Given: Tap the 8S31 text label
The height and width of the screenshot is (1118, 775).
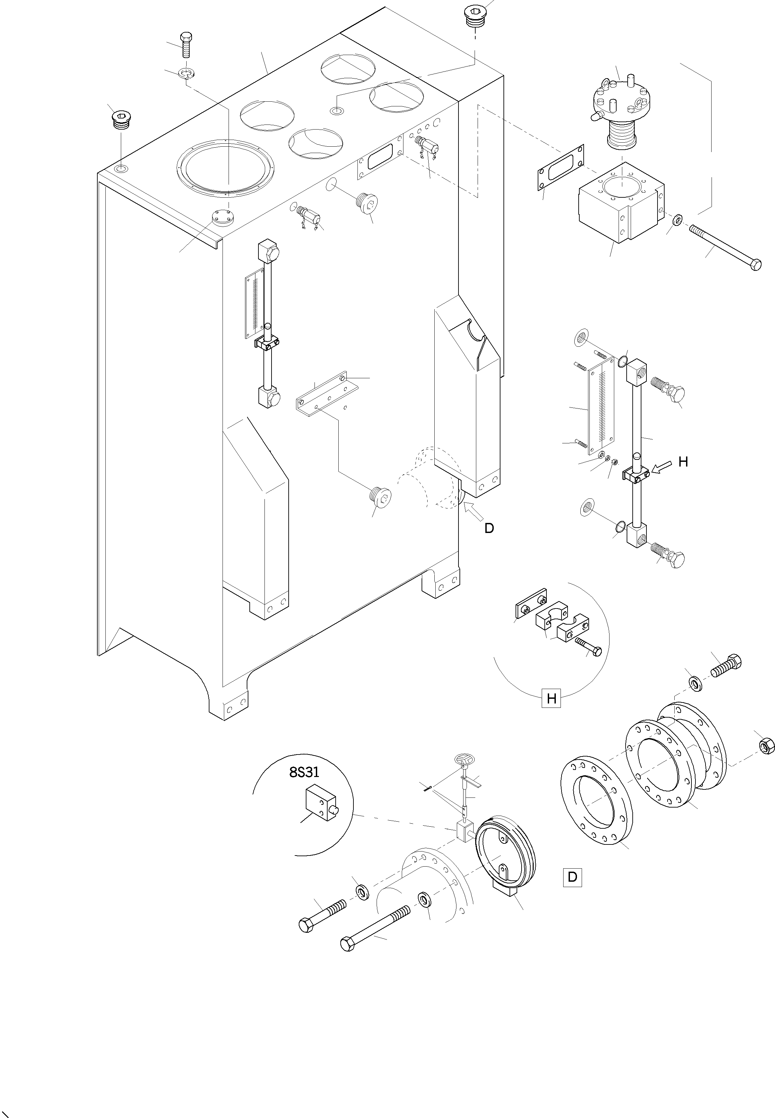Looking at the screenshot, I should [x=304, y=772].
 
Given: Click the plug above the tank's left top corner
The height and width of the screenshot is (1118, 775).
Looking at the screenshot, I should [x=120, y=120].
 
